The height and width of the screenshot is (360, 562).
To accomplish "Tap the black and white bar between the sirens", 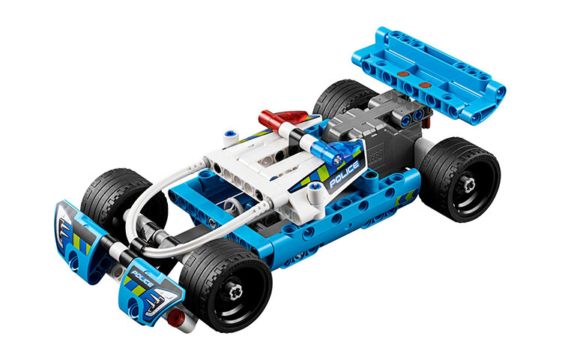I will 309,135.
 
